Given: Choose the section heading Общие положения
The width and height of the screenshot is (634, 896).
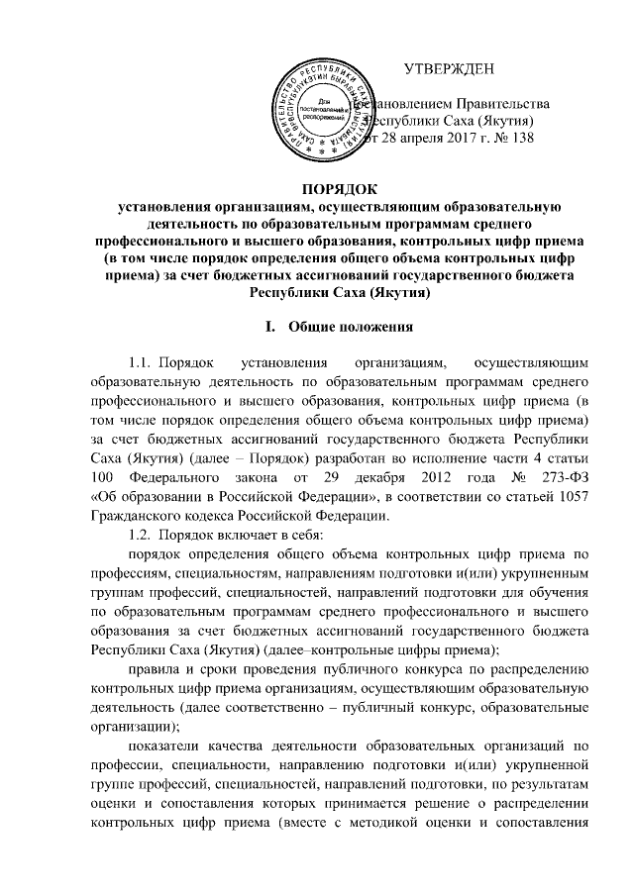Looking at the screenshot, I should coord(346,327).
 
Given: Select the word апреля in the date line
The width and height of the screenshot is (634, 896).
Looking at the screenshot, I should coord(407,139).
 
